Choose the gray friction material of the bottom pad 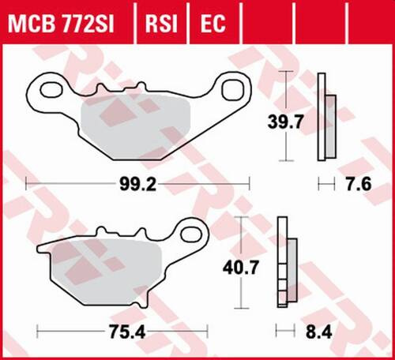[x=107, y=272]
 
